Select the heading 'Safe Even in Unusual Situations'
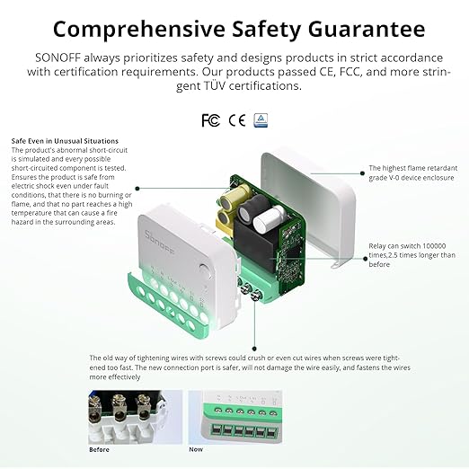[65, 141]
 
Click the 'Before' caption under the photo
[100, 449]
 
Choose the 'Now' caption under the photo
[196, 449]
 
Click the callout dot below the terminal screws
[256, 306]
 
